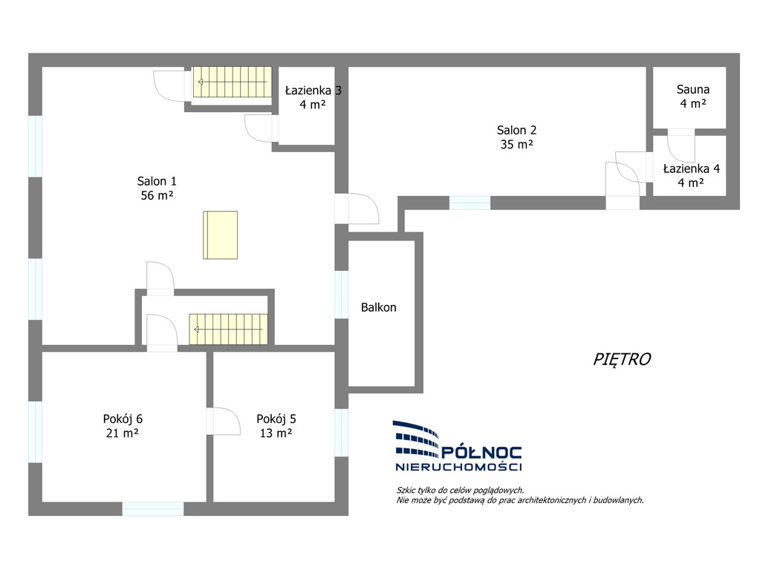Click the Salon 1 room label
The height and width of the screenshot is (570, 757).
click(157, 181)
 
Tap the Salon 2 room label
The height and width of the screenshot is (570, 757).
click(516, 130)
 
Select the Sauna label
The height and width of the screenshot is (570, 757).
click(693, 89)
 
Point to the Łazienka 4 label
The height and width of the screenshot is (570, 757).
click(692, 168)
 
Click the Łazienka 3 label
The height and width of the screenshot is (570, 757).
click(313, 91)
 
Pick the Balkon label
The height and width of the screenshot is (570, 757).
click(379, 307)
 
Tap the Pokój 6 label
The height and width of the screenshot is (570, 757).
click(123, 419)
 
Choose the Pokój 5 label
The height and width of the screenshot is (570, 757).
click(276, 419)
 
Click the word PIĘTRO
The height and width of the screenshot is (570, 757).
click(622, 359)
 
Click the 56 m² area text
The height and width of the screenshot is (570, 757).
click(157, 195)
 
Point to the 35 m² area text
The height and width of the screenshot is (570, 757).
click(516, 144)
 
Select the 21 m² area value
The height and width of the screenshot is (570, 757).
click(123, 433)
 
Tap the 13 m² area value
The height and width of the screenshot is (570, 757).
click(276, 433)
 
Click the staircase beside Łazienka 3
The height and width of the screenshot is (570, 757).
click(233, 82)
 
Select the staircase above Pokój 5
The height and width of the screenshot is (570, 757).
click(228, 330)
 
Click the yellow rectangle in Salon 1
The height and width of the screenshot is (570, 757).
click(220, 235)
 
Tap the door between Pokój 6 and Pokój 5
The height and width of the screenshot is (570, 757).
click(224, 421)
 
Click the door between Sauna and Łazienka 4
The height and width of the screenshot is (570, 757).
click(681, 145)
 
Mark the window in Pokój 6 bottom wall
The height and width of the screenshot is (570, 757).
click(152, 508)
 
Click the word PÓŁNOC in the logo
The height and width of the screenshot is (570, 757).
click(482, 452)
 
